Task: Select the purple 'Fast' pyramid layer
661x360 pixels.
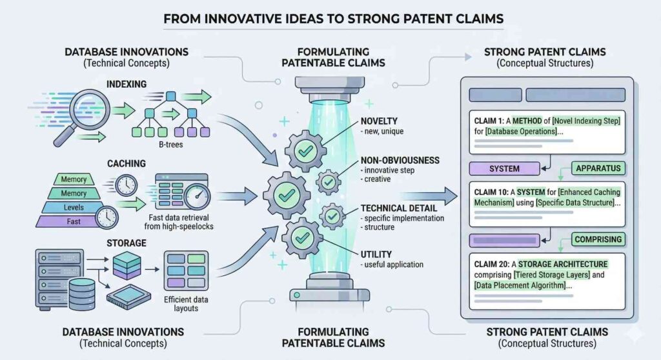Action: (x=74, y=221)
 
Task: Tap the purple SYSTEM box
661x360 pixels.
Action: (x=504, y=169)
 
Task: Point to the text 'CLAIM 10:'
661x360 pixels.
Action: (x=494, y=192)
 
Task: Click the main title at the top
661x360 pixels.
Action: (x=333, y=18)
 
